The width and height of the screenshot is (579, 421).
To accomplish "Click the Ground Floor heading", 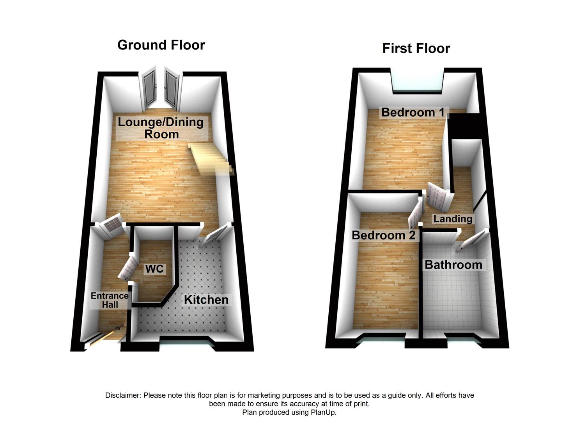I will [x=161, y=45].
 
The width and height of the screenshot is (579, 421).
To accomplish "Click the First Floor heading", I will [x=416, y=48].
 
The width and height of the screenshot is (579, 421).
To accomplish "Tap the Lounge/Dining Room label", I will [x=161, y=128].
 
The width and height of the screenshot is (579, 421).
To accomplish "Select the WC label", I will [x=154, y=269].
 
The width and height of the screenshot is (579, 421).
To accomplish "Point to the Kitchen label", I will [x=206, y=300].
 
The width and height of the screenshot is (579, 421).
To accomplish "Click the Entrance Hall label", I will [x=110, y=300].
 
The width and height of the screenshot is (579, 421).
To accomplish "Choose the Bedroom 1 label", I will [x=413, y=112].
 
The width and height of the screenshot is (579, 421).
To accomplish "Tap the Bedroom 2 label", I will [x=383, y=235].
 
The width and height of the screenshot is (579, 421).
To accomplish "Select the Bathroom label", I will [x=453, y=265].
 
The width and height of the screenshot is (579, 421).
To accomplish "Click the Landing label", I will [x=453, y=219].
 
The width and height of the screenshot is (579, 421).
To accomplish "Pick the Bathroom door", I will [x=473, y=239].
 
